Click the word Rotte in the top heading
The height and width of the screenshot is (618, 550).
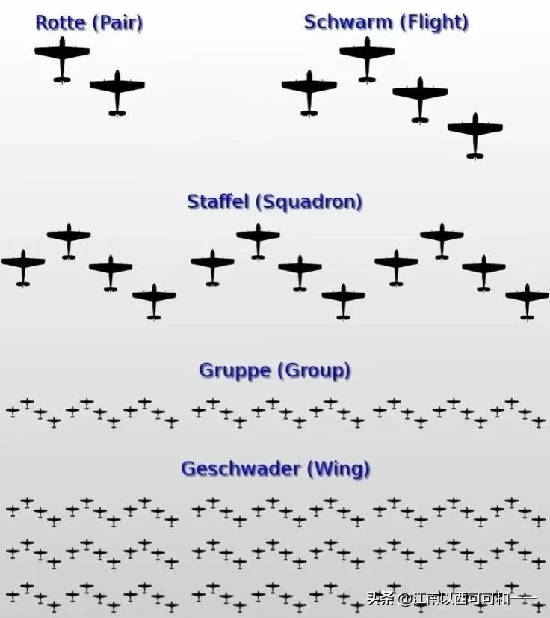coord(61,22)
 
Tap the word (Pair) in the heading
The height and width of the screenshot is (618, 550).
coord(117,22)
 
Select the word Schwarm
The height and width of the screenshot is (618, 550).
coord(349,22)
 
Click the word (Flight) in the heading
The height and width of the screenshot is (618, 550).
coord(434,22)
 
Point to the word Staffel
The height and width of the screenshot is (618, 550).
coord(219,202)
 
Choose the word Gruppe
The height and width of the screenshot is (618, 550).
coord(235,370)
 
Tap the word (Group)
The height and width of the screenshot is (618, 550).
coord(315,370)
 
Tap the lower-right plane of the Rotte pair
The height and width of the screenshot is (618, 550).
coord(117,90)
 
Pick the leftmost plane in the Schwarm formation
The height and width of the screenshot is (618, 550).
coord(309,89)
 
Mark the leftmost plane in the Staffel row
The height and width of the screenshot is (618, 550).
coord(22,265)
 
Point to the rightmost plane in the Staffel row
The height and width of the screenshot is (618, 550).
coord(527,299)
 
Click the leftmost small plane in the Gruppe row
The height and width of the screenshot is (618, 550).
coord(13,411)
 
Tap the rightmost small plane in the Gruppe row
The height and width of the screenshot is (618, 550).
coord(538,422)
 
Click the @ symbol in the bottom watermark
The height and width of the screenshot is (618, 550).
coord(404,598)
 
